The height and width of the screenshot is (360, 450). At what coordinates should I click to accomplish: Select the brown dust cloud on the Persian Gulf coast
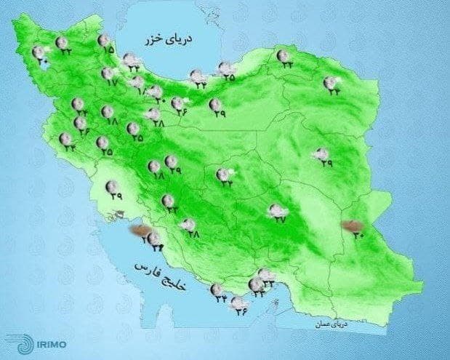point(137,231)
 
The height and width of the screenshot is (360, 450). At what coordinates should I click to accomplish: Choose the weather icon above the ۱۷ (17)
point(108,73)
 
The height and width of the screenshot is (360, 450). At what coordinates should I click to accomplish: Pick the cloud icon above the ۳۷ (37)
point(277,210)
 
